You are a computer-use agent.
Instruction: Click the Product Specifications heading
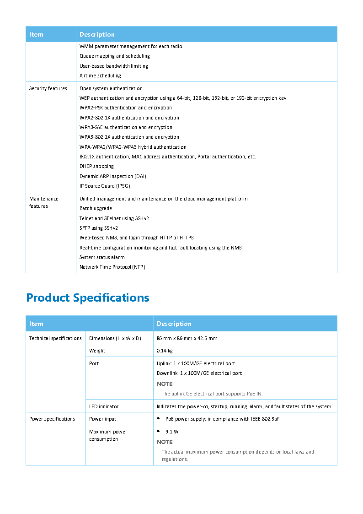point(88,298)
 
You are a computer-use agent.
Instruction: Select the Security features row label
point(48,89)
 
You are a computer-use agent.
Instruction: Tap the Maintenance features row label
point(44,202)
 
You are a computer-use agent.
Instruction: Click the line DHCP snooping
point(96,167)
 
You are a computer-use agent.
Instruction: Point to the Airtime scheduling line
point(100,76)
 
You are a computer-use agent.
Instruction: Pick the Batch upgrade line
point(96,209)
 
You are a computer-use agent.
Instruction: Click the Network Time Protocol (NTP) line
point(112,267)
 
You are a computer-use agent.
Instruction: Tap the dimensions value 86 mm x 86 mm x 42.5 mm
point(187,339)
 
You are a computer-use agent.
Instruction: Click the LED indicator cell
point(103,406)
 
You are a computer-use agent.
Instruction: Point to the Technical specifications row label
point(55,339)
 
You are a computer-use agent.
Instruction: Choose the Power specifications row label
point(52,419)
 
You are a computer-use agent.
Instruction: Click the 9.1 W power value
point(172,432)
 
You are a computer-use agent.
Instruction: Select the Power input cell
point(102,419)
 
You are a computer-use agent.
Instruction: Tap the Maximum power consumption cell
point(108,435)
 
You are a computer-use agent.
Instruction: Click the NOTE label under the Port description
point(165,384)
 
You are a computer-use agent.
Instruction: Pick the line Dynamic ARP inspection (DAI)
point(112,177)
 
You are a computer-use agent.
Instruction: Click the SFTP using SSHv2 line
point(98,228)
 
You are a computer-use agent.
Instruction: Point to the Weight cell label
point(97,351)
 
